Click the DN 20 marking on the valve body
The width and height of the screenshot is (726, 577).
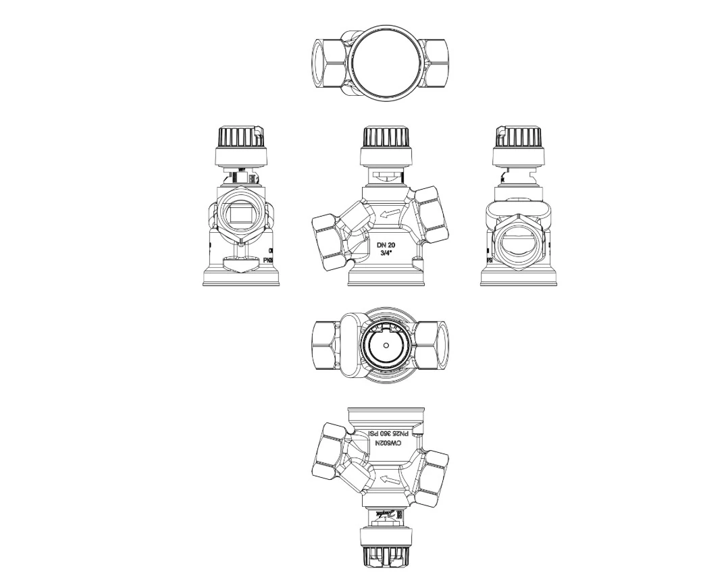pos(386,245)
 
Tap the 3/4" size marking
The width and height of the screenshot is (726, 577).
pos(386,254)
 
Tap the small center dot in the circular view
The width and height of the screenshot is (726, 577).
pos(386,344)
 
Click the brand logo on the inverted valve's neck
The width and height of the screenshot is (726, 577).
pos(386,514)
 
